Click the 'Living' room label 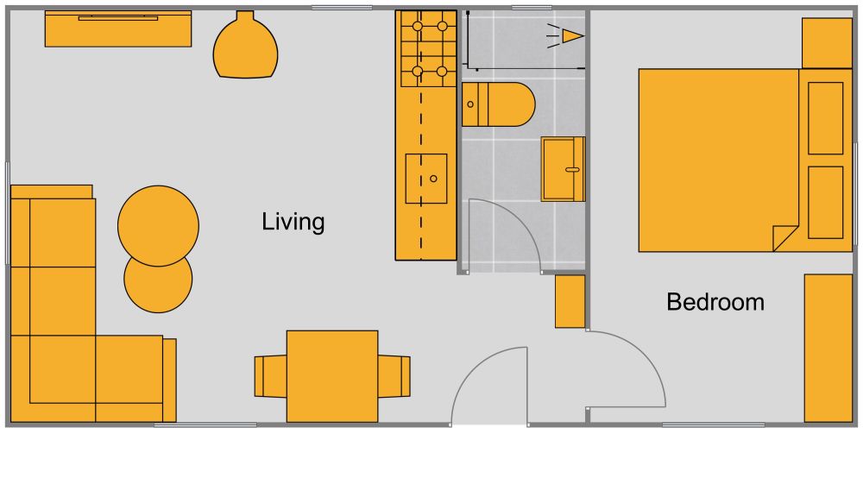[x=293, y=222]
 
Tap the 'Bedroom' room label [x=715, y=302]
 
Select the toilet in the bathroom [x=498, y=104]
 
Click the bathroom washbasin [x=563, y=168]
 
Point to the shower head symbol [x=570, y=35]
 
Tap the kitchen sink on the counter [x=426, y=179]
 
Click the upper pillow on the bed [x=826, y=118]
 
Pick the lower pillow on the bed [x=826, y=202]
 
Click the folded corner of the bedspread [x=784, y=236]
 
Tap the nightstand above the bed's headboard [x=827, y=42]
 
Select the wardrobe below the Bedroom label [x=828, y=348]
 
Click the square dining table [x=332, y=376]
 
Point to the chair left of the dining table [x=269, y=376]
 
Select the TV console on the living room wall [x=118, y=28]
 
